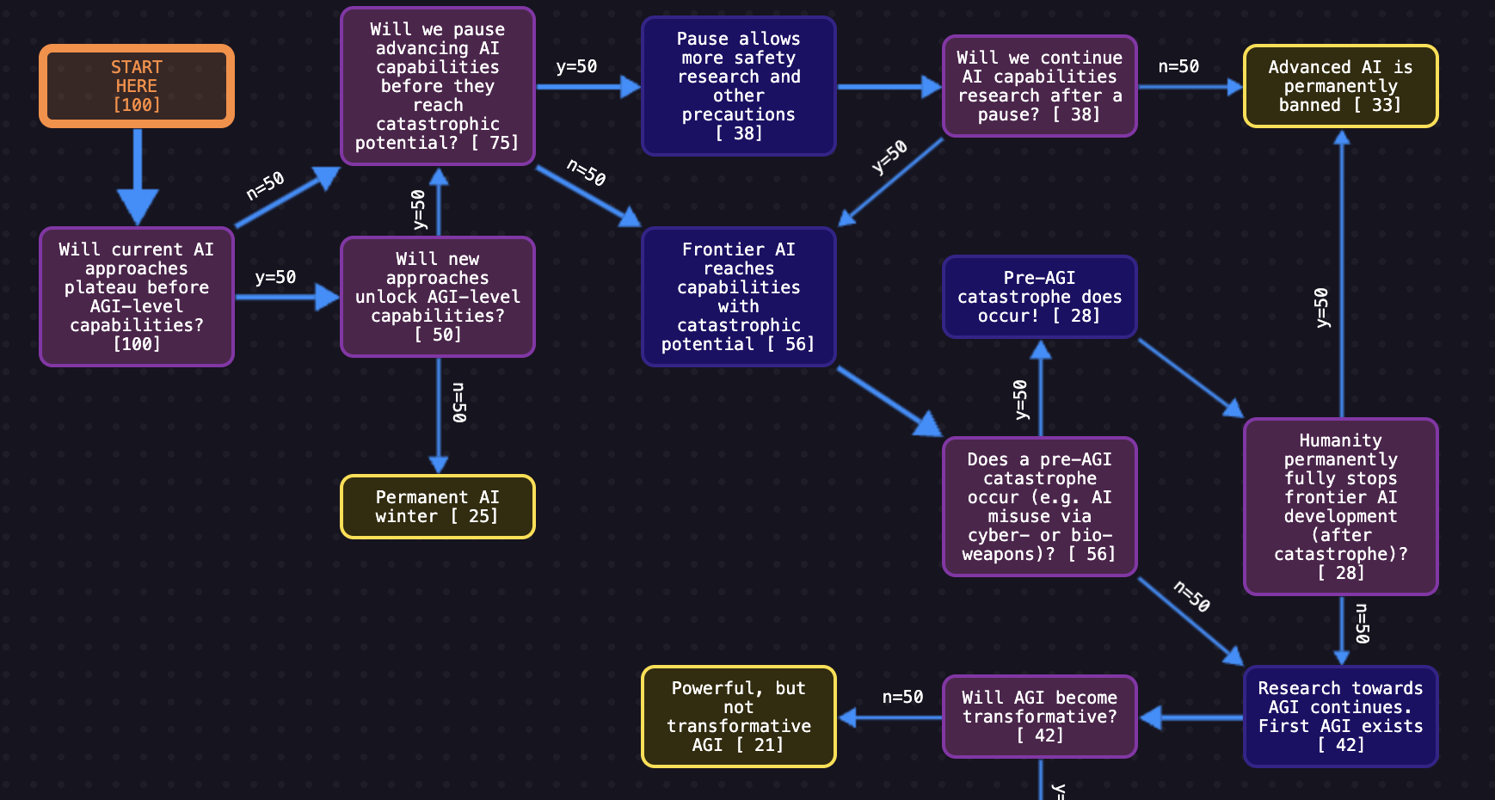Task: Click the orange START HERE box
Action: click(x=136, y=86)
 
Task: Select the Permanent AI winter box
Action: click(x=437, y=507)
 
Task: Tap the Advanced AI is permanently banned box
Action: click(x=1339, y=86)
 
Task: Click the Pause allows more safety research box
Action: click(x=738, y=86)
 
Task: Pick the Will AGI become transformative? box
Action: click(x=1039, y=716)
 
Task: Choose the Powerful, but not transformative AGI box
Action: click(x=738, y=716)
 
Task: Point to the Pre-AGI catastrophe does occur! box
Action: click(x=1039, y=297)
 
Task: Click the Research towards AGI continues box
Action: click(x=1339, y=716)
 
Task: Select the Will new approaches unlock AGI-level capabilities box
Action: click(x=437, y=297)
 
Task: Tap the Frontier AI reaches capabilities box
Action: click(x=738, y=297)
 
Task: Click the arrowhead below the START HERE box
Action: click(x=137, y=206)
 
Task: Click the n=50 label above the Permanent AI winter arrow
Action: click(x=459, y=403)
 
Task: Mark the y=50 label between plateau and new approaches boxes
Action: click(x=275, y=277)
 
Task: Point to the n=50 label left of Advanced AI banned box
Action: click(x=1178, y=66)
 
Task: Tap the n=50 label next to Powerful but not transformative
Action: click(x=902, y=697)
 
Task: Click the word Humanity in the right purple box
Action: click(x=1339, y=440)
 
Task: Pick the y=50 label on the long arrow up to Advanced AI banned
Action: click(x=1322, y=308)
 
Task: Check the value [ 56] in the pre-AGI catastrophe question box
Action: click(x=1093, y=554)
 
